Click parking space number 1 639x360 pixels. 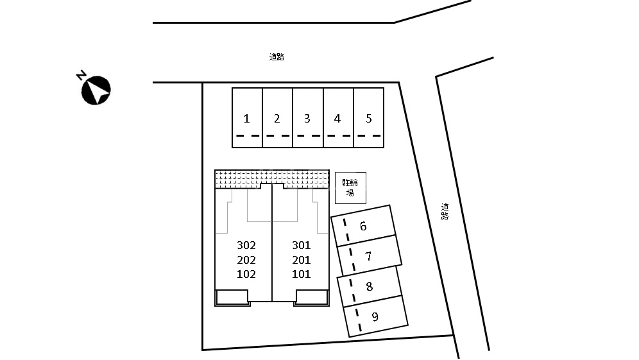click(x=248, y=118)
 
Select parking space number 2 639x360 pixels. click(x=278, y=118)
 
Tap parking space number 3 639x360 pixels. click(x=308, y=118)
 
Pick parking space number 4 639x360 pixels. click(x=338, y=118)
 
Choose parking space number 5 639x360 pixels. click(x=369, y=118)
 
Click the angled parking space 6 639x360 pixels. click(x=363, y=226)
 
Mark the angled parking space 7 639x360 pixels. click(x=369, y=256)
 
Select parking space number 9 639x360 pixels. click(x=376, y=316)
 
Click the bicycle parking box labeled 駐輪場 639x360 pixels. click(x=350, y=188)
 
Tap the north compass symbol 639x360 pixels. click(x=96, y=90)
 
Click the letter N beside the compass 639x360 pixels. click(x=81, y=76)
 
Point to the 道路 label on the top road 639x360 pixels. click(x=277, y=57)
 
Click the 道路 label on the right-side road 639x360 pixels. click(x=445, y=212)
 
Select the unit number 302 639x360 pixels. click(x=246, y=245)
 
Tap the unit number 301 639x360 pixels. click(x=301, y=245)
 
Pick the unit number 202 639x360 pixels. click(x=246, y=260)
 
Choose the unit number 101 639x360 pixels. click(x=301, y=274)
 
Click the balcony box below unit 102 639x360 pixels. click(x=232, y=298)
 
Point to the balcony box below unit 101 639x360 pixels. click(x=312, y=298)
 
